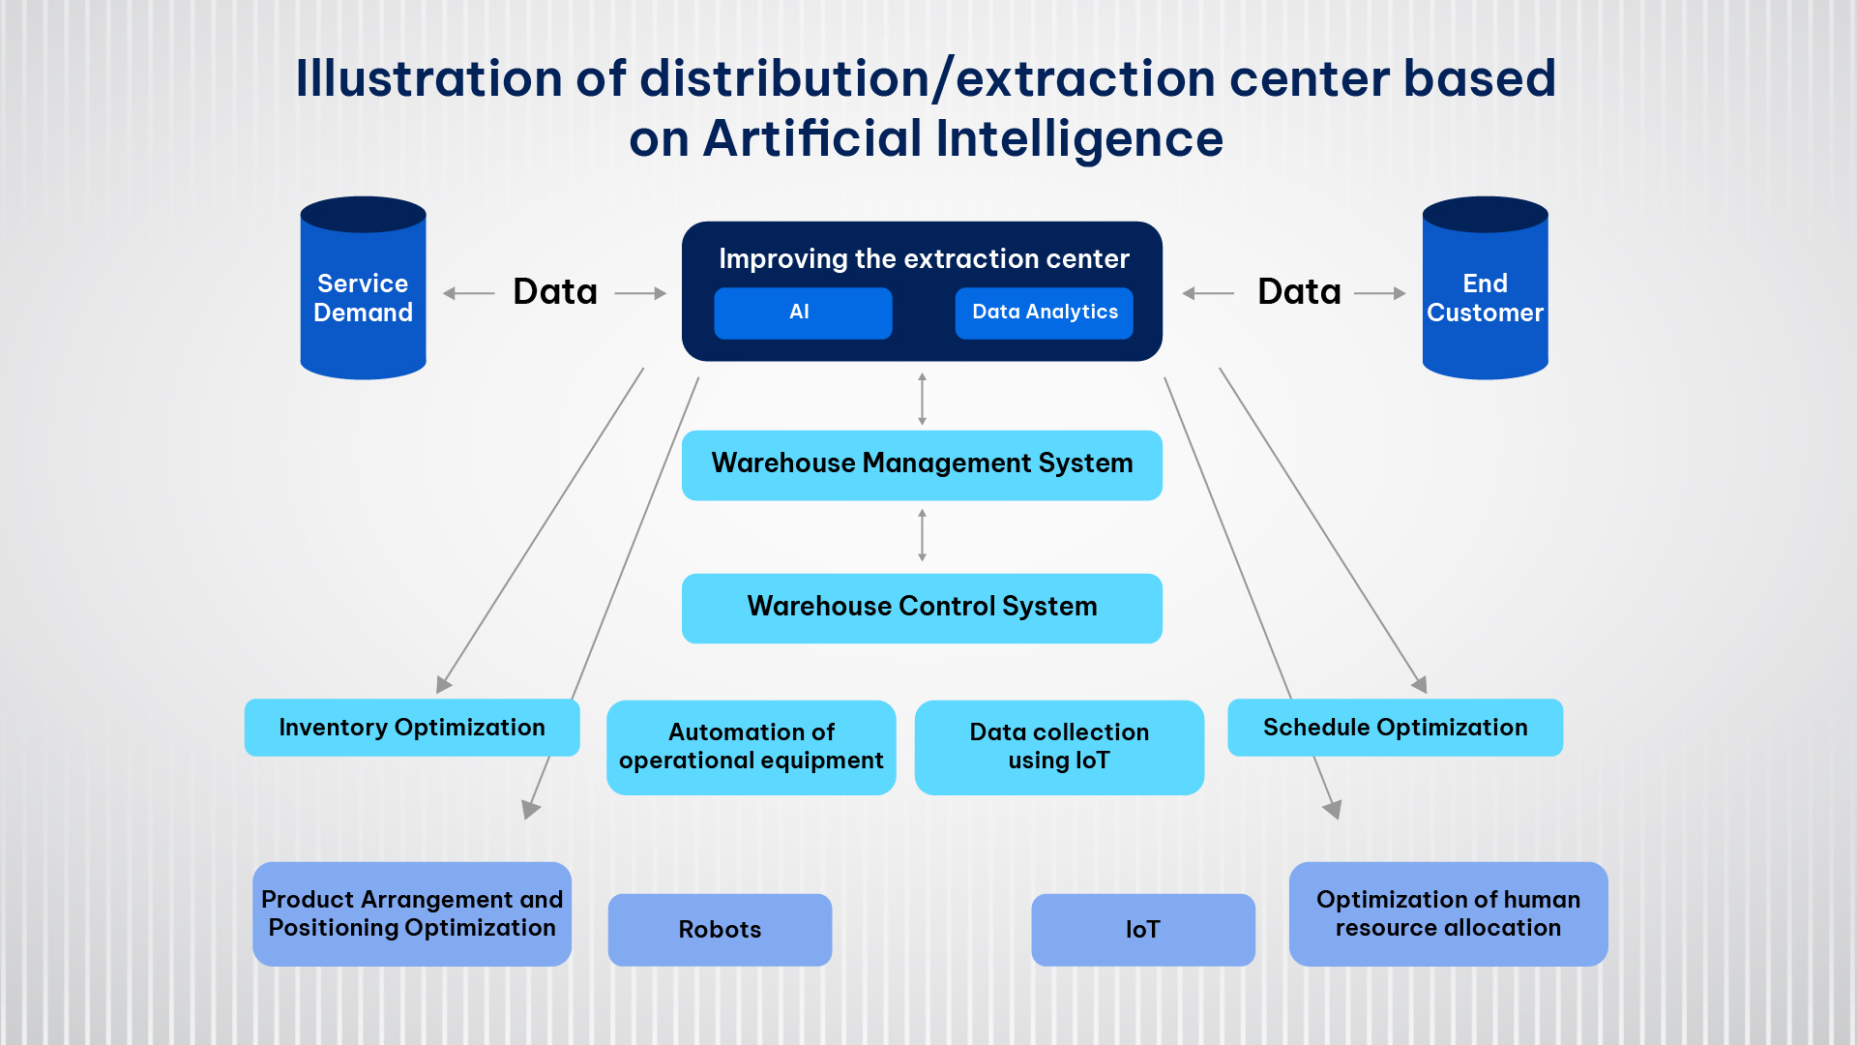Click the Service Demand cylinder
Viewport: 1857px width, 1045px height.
(x=363, y=290)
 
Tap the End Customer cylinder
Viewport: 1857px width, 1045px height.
(x=1485, y=290)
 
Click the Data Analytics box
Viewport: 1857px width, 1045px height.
(x=1044, y=313)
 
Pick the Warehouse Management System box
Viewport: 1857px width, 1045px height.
(x=922, y=464)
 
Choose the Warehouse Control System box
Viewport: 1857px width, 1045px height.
(x=922, y=608)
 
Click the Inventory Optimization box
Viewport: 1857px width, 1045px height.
(x=412, y=728)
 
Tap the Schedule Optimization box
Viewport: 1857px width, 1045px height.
(x=1395, y=728)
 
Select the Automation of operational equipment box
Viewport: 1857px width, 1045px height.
(x=751, y=747)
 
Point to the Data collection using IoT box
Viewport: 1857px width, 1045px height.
(x=1059, y=747)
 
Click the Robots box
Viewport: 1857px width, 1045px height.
(x=720, y=929)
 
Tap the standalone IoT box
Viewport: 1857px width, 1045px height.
(x=1143, y=929)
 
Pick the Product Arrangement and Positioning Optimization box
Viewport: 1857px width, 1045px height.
(x=412, y=913)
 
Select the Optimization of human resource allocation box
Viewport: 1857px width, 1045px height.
(x=1448, y=913)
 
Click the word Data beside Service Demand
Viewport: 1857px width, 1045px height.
(x=555, y=292)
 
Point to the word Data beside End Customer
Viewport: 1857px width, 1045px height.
(x=1299, y=292)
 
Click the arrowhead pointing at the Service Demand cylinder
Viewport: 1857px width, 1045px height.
(x=449, y=293)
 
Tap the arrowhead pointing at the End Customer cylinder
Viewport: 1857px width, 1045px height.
(x=1400, y=293)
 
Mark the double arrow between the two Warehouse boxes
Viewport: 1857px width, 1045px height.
(x=922, y=536)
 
